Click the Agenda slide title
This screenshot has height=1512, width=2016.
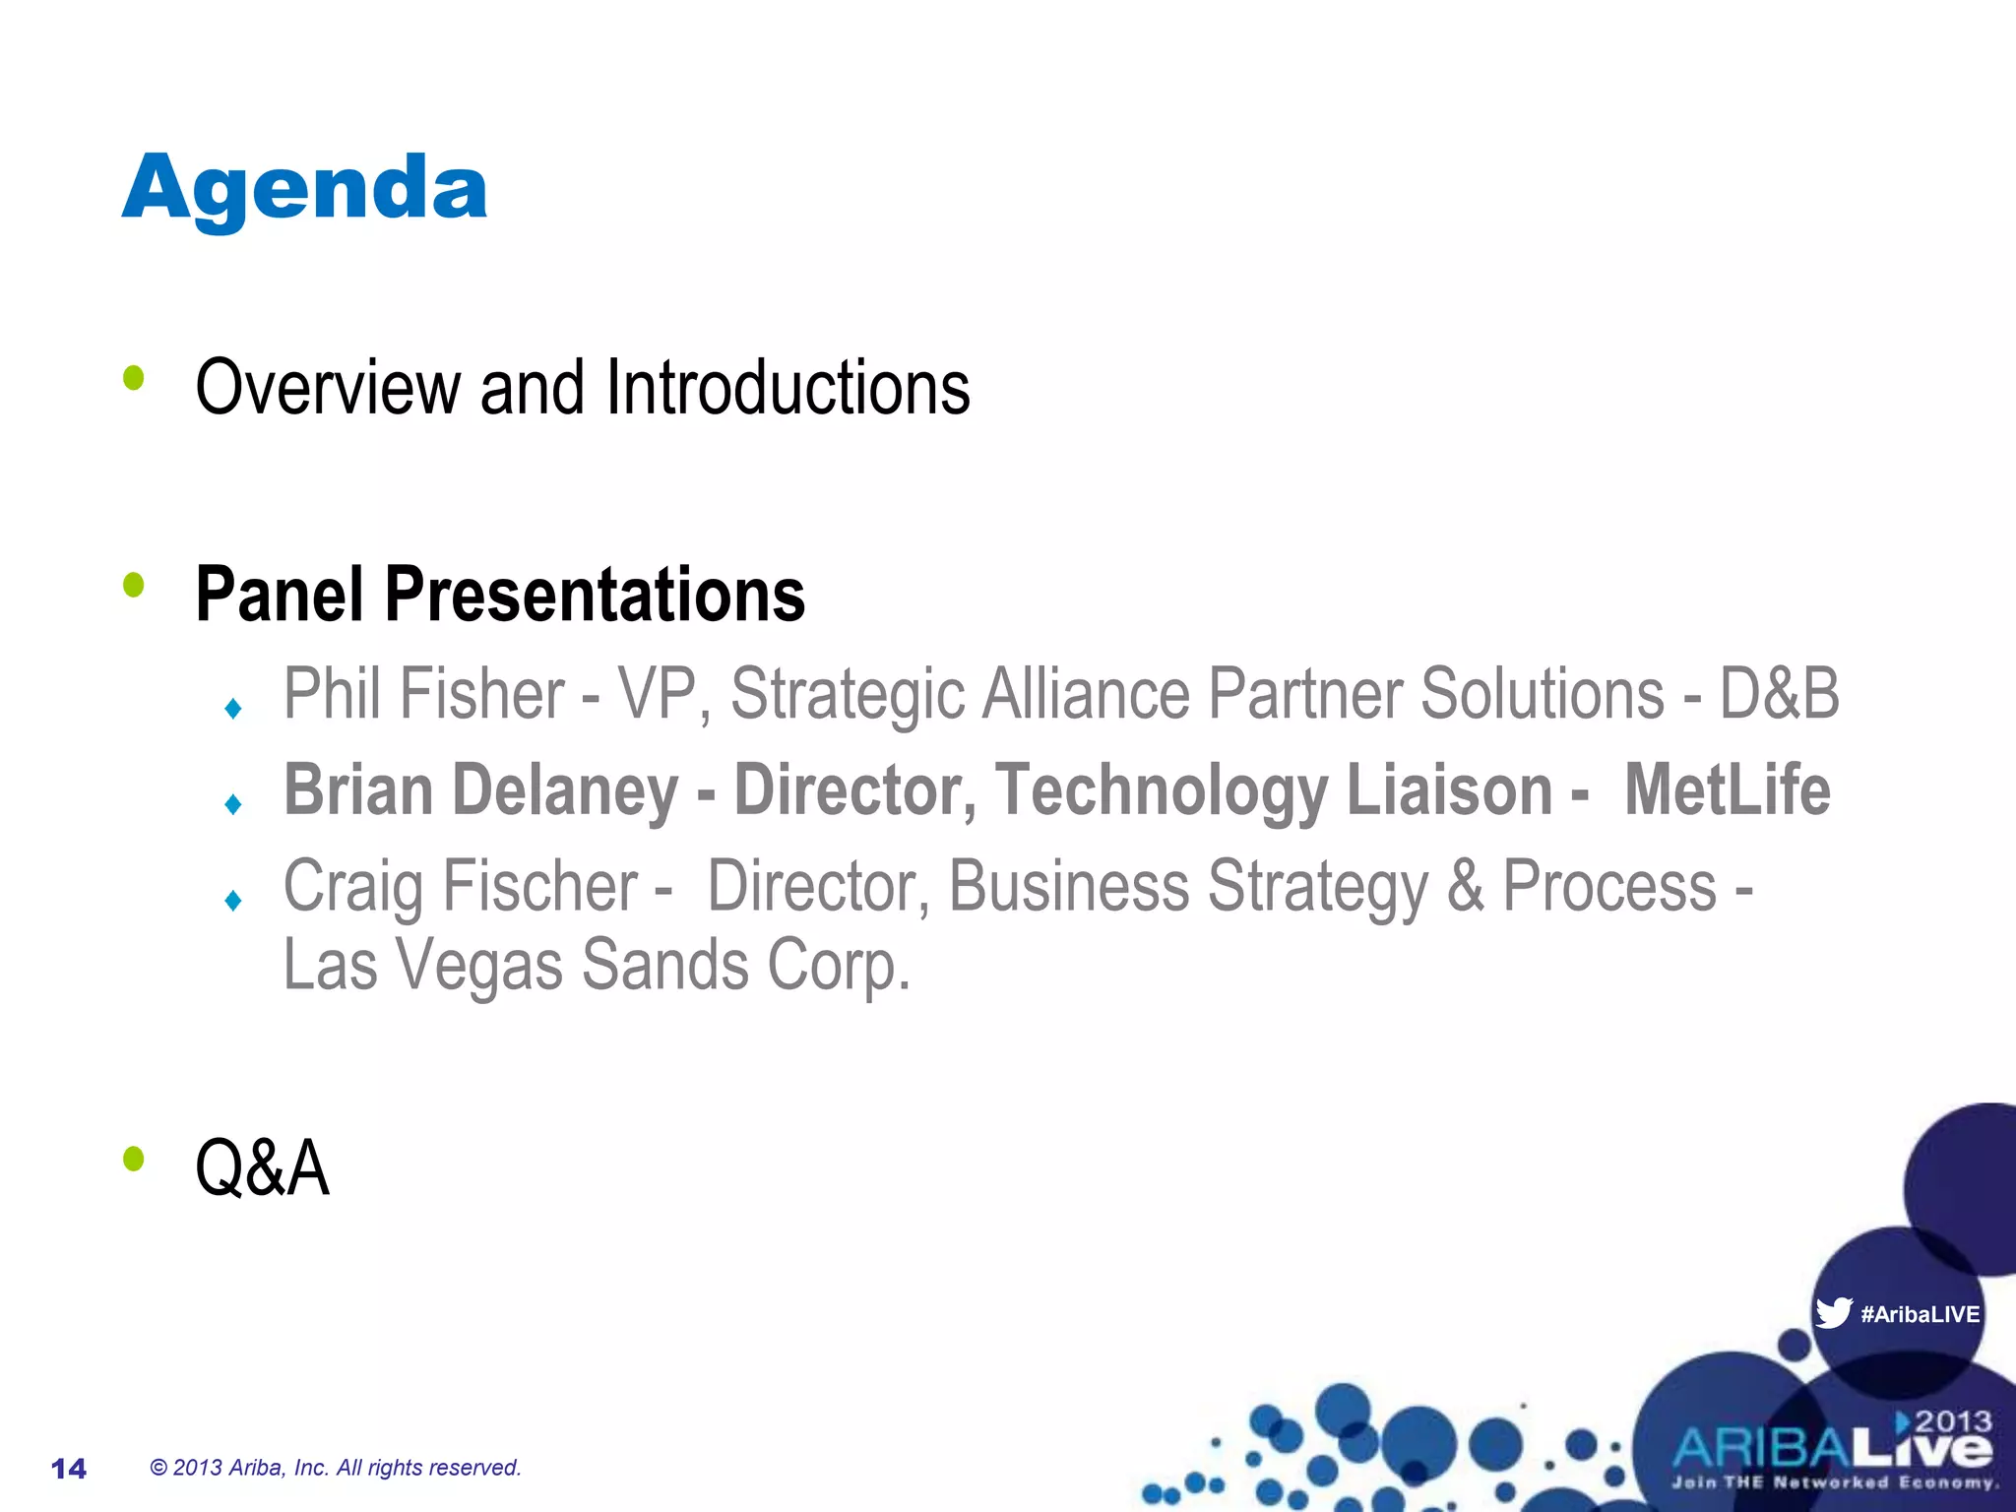coord(304,189)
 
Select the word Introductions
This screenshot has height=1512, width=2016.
coord(787,388)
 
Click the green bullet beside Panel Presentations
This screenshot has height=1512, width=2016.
coord(134,586)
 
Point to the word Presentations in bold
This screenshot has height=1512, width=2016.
coord(595,595)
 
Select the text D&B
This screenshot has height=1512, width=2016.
coord(1779,694)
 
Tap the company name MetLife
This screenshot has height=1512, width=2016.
coord(1727,790)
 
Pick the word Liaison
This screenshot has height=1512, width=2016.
coord(1449,790)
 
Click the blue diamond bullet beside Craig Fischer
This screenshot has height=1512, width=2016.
coord(233,901)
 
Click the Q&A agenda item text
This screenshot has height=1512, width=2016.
coord(262,1168)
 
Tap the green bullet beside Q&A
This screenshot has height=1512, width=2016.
coord(134,1159)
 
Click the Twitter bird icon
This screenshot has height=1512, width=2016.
coord(1833,1313)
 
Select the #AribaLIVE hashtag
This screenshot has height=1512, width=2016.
coord(1920,1314)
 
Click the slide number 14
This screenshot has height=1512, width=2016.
coord(69,1469)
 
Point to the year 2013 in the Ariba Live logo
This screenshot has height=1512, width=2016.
coord(1953,1421)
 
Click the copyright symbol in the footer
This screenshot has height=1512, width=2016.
coord(158,1468)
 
